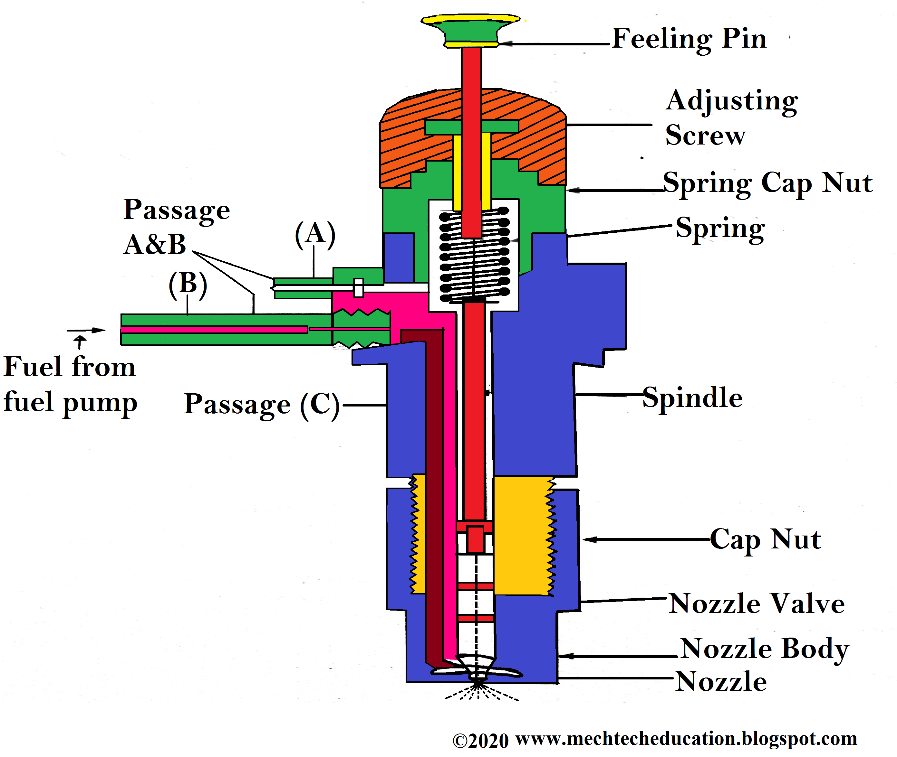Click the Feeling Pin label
pyautogui.click(x=689, y=39)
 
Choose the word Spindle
pyautogui.click(x=692, y=398)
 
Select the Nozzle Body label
pyautogui.click(x=764, y=649)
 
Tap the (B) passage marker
pyautogui.click(x=188, y=284)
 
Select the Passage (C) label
pyautogui.click(x=262, y=405)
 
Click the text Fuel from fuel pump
pyautogui.click(x=70, y=385)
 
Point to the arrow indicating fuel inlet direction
pyautogui.click(x=86, y=331)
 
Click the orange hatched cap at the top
pyautogui.click(x=404, y=142)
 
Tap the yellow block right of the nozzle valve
pyautogui.click(x=522, y=537)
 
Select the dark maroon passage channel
pyautogui.click(x=434, y=493)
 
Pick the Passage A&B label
pyautogui.click(x=176, y=227)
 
